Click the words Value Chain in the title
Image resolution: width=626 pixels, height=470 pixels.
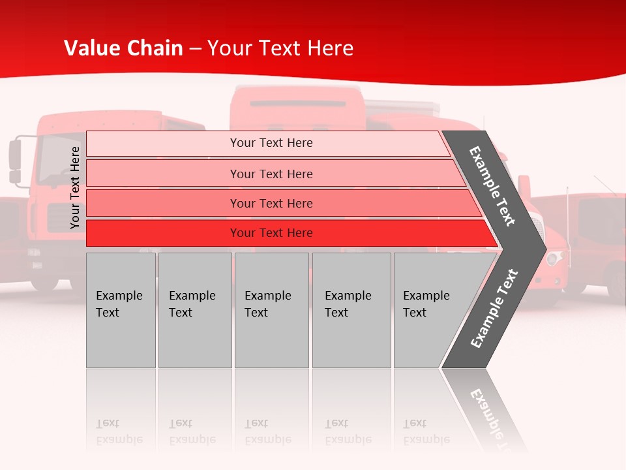tap(123, 48)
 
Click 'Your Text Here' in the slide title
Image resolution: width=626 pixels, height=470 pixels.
tap(280, 48)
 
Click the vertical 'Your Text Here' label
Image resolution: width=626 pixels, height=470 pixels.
tap(75, 187)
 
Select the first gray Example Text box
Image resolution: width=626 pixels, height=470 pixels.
tap(121, 310)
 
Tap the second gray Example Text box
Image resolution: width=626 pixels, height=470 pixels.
tap(194, 310)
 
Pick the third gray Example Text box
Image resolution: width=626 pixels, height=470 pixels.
tap(271, 310)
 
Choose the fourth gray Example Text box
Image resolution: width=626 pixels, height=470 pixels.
tap(351, 310)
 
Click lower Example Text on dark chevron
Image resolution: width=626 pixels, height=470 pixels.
tap(494, 309)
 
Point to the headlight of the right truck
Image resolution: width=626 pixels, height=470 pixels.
tap(555, 258)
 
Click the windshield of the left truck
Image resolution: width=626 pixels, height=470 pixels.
tap(55, 160)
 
